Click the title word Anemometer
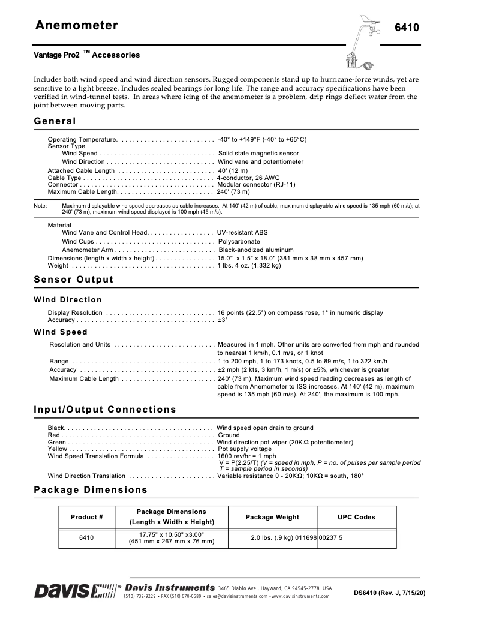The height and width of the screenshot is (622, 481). tap(76, 25)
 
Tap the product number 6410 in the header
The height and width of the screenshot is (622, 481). tap(406, 28)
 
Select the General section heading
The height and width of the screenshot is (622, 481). tap(55, 121)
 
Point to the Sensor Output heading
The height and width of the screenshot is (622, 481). tap(73, 280)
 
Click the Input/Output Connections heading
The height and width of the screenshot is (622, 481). tap(105, 410)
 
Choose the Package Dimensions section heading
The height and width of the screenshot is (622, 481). tap(90, 490)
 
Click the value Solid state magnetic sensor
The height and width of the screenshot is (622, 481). tap(258, 154)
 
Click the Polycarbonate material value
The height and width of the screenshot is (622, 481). tap(240, 241)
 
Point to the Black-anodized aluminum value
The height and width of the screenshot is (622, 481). tap(256, 250)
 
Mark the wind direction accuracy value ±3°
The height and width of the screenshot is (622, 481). tap(223, 320)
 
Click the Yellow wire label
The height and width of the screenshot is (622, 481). tap(58, 449)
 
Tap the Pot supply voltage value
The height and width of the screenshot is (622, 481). tap(244, 449)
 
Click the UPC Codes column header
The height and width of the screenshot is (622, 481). tap(356, 517)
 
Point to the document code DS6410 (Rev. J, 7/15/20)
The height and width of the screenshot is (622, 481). tap(389, 593)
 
